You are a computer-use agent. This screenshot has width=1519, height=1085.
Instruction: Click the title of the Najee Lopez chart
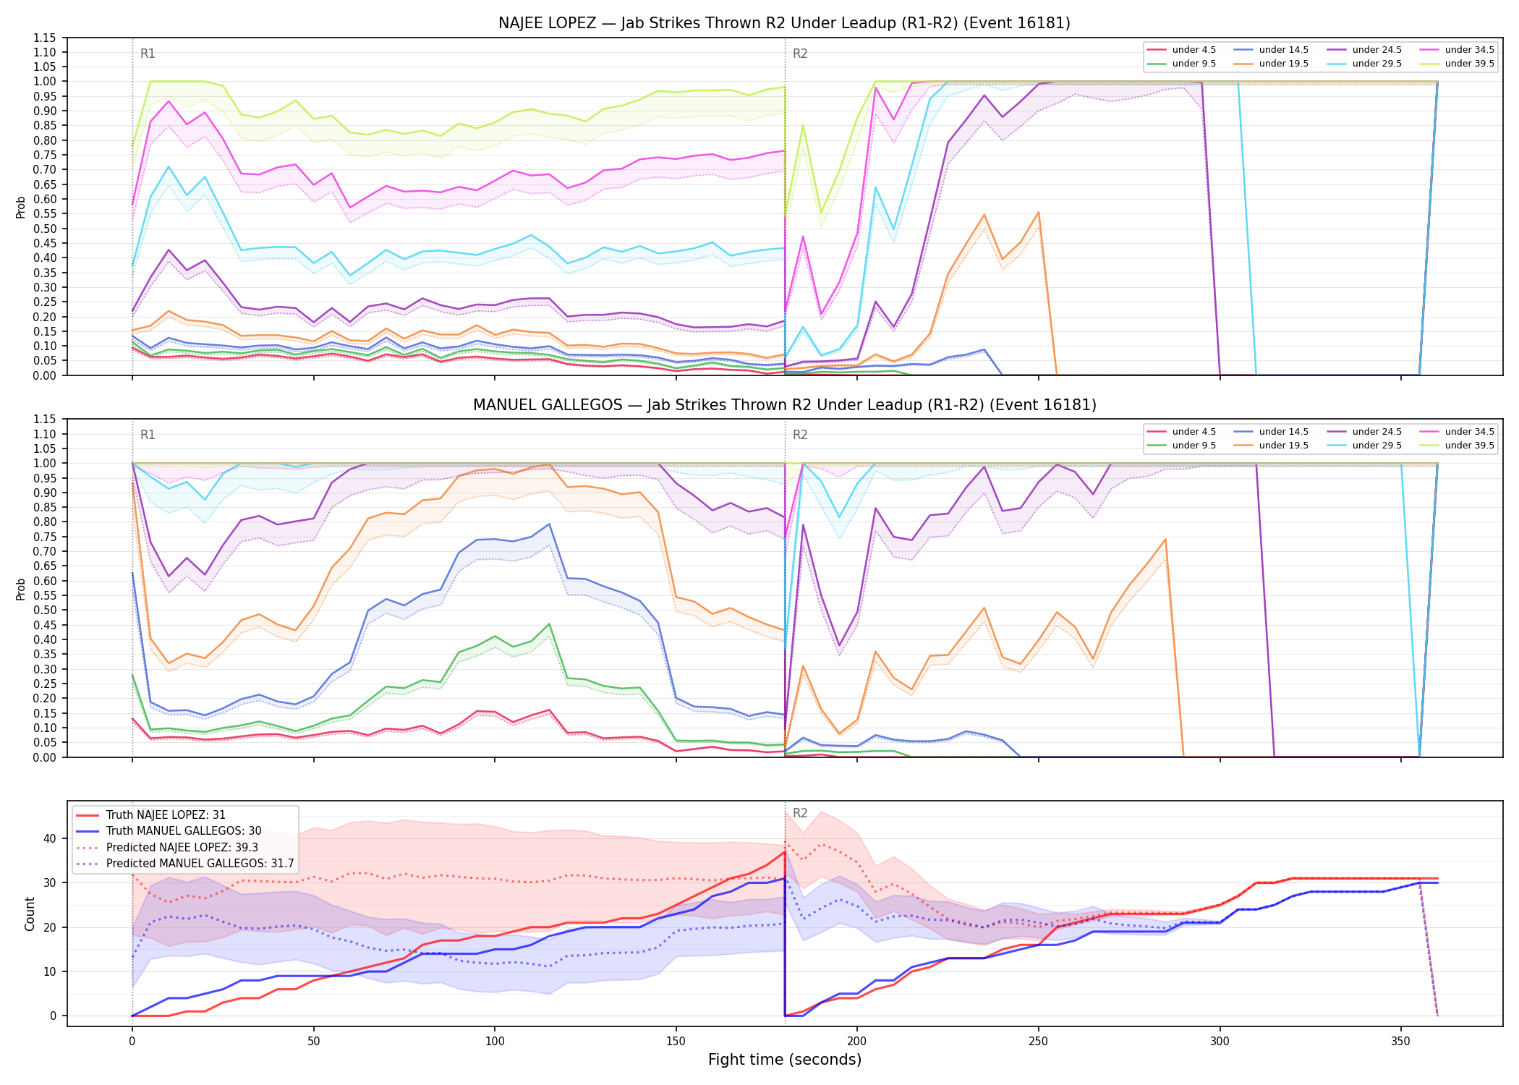(x=784, y=23)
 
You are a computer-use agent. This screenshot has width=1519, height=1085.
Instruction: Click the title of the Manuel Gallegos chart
(x=784, y=405)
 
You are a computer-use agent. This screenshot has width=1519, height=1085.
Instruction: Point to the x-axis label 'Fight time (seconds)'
(x=785, y=1060)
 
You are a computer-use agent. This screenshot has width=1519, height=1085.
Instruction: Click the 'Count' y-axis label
(x=30, y=914)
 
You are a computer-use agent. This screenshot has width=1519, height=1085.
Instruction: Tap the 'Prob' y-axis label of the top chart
(x=21, y=207)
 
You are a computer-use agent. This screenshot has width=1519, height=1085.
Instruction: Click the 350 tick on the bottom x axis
(x=1401, y=1042)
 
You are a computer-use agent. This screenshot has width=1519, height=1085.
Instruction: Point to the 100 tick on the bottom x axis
(x=495, y=1042)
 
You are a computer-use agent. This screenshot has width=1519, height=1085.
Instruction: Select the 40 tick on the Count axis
(x=50, y=839)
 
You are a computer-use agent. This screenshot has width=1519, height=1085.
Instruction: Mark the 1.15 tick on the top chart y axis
(x=44, y=38)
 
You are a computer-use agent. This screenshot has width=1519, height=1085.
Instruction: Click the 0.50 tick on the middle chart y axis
(x=44, y=610)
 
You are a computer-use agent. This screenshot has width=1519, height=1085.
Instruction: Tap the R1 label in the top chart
(x=148, y=54)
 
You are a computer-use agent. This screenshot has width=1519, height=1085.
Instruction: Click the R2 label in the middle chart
(x=800, y=435)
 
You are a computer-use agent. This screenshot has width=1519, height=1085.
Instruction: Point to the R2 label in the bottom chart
(x=800, y=813)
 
